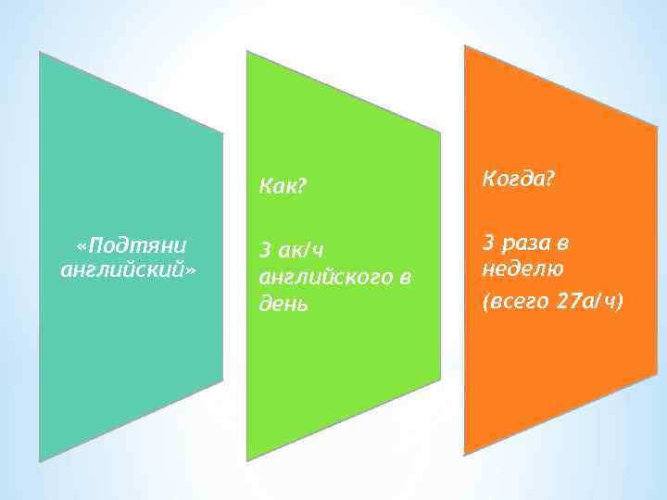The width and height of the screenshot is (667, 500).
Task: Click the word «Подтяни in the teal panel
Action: coord(132,245)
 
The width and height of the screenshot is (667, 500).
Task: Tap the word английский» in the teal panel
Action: coord(129,270)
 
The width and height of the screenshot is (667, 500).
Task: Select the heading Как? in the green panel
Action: coord(283,187)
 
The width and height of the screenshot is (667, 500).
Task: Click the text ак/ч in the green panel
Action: coord(302,250)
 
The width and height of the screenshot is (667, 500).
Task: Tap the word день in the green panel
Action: coord(283,304)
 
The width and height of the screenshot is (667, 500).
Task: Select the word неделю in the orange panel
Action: coord(523,269)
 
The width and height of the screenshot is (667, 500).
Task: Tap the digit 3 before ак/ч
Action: coord(266,250)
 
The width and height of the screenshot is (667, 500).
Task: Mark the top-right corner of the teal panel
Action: coord(223,131)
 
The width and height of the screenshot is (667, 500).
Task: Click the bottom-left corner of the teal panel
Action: coord(39,460)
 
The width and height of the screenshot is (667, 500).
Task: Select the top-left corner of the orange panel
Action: coord(464,45)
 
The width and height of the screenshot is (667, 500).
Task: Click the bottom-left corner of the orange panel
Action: coord(464,455)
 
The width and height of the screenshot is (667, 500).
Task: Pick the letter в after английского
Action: coord(404,277)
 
